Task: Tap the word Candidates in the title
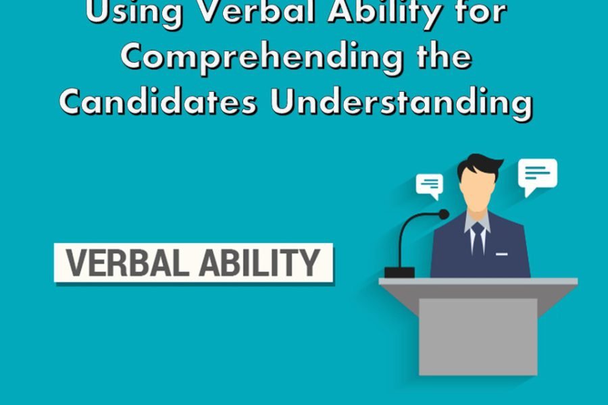point(158,101)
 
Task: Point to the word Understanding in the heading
point(401,103)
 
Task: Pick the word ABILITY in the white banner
point(259,263)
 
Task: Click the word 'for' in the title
point(484,12)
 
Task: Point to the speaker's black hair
point(479,165)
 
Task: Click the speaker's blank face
point(478,190)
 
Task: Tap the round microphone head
point(444,215)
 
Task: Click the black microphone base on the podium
point(399,272)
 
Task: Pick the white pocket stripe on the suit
point(502,254)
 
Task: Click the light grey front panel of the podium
point(478,336)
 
